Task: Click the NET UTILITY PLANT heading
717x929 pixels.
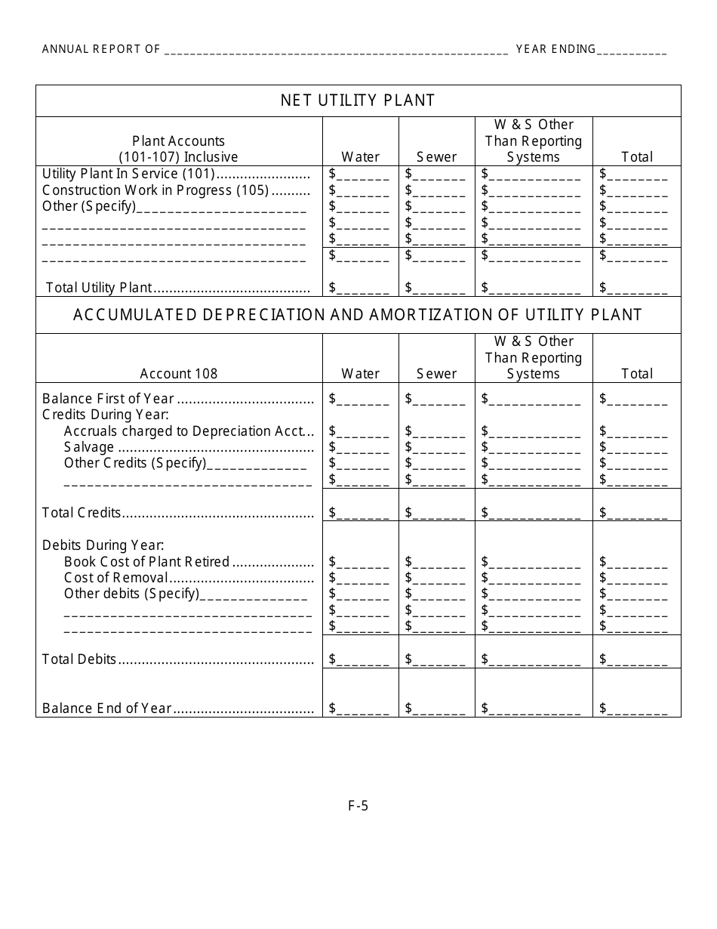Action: (x=358, y=100)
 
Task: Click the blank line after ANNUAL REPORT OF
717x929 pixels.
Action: (x=336, y=51)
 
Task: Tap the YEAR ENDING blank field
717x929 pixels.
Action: (x=632, y=51)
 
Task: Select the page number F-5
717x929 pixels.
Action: (x=358, y=805)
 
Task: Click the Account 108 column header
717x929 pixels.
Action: (x=179, y=373)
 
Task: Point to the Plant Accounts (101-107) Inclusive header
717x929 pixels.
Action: (x=179, y=149)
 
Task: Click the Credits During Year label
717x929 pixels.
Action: (x=105, y=415)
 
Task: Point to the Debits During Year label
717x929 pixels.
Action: (x=103, y=545)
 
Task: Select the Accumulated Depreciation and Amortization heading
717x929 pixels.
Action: (x=358, y=315)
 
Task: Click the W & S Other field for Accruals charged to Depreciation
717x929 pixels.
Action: (x=534, y=431)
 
